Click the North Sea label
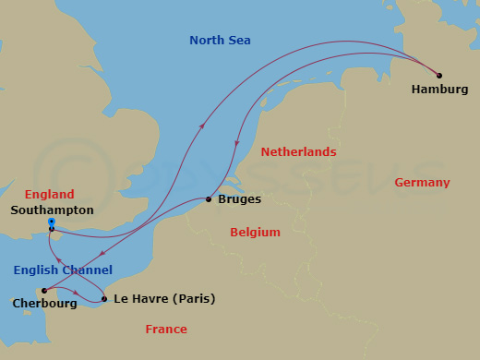tap(220, 40)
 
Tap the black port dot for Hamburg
tap(439, 76)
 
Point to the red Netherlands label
tap(298, 151)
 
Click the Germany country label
tap(422, 183)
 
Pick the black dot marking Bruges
tap(209, 199)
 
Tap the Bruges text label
tap(241, 199)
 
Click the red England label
tap(50, 195)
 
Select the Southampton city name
tap(52, 210)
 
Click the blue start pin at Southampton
tap(51, 222)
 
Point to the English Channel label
tap(63, 270)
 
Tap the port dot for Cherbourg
tap(43, 291)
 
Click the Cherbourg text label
tap(44, 303)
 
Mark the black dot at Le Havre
tap(103, 297)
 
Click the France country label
tap(166, 330)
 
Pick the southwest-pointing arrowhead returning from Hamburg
tap(239, 142)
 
